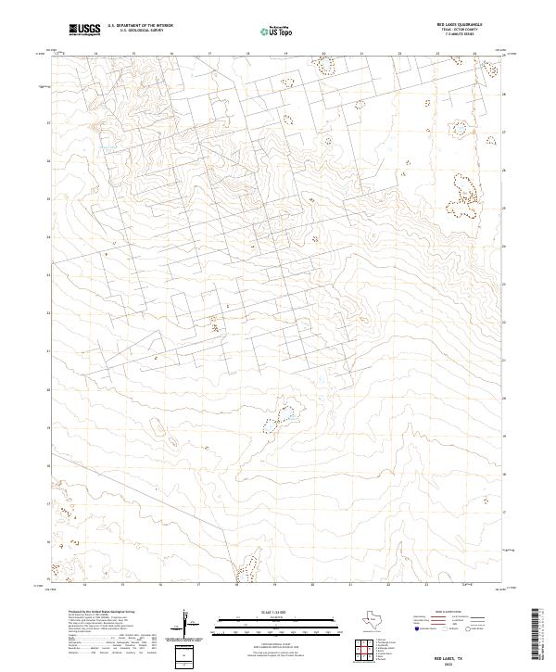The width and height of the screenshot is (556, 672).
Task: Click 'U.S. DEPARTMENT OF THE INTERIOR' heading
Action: click(x=140, y=26)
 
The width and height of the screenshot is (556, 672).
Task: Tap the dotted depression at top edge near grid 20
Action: click(x=324, y=65)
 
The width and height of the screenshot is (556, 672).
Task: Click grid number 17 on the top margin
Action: click(x=209, y=53)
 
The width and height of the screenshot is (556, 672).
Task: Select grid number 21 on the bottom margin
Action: click(x=350, y=586)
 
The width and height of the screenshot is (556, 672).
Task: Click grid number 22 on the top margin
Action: click(x=399, y=53)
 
